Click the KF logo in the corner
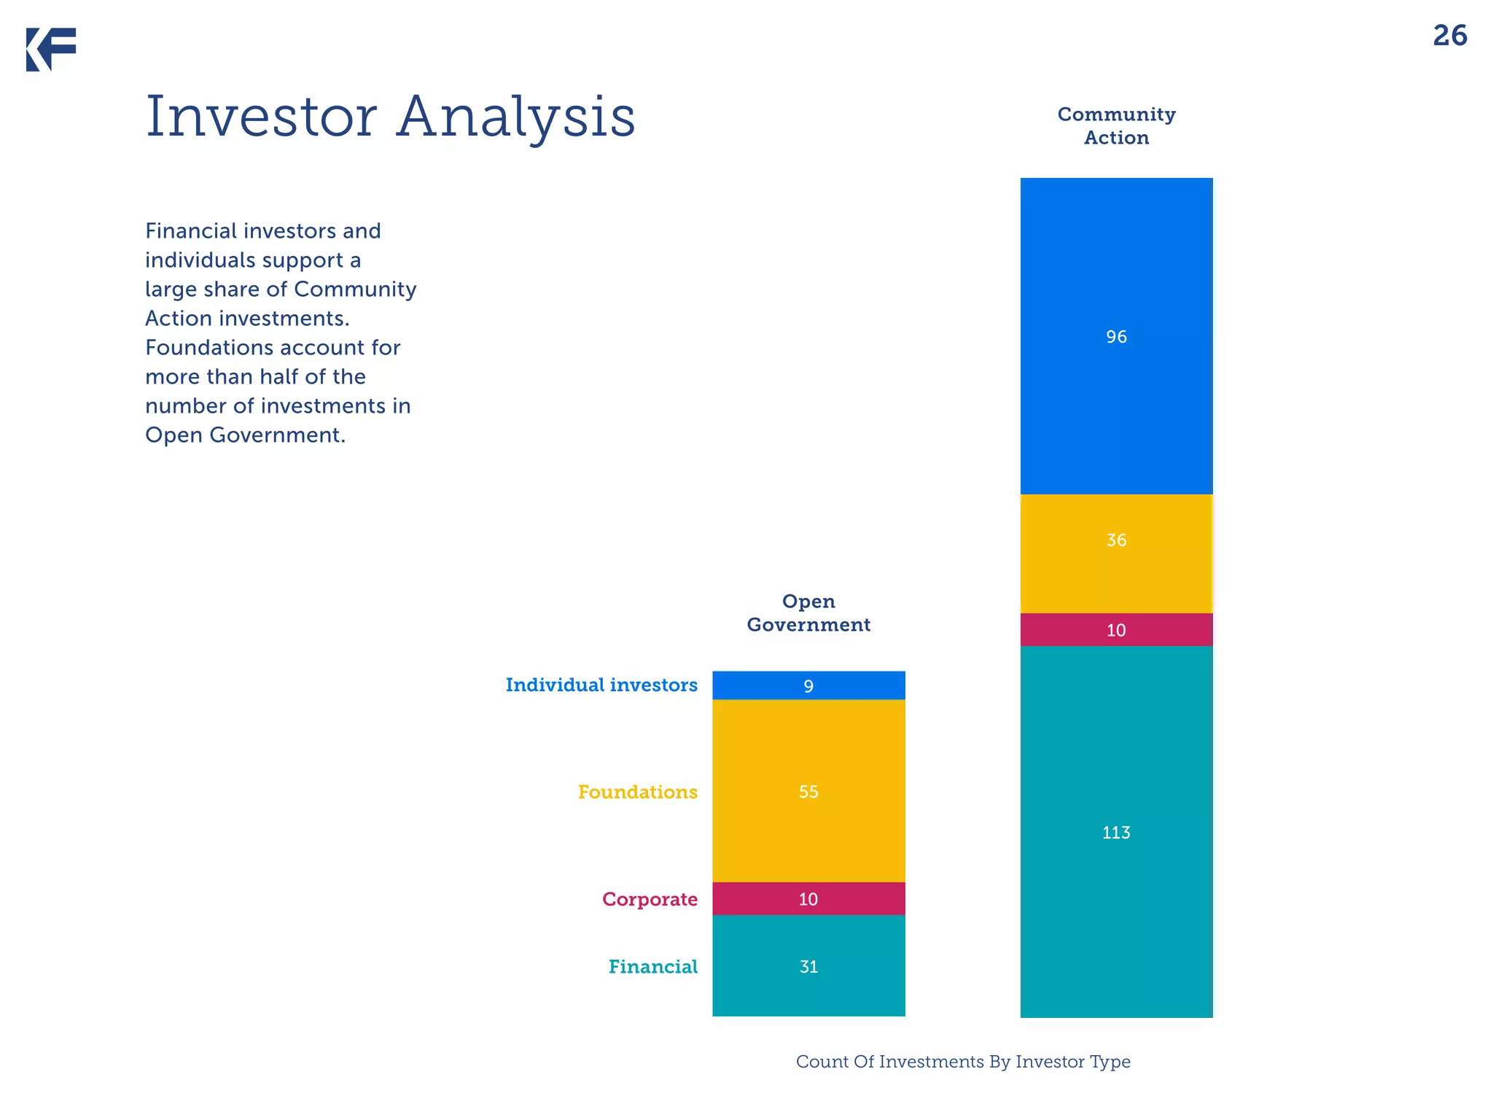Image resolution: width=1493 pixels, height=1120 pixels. (x=51, y=49)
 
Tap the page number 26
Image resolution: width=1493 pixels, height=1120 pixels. (x=1449, y=36)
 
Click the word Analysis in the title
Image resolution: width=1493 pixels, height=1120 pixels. (x=516, y=117)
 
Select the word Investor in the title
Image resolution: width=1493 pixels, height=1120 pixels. (x=261, y=117)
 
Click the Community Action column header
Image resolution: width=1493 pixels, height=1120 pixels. (x=1116, y=126)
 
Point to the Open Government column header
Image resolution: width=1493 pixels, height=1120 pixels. (x=808, y=613)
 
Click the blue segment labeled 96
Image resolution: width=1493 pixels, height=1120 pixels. (x=1116, y=336)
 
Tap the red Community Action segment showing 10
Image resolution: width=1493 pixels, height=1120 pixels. (x=1116, y=630)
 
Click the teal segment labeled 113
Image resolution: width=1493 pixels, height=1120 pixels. (x=1116, y=832)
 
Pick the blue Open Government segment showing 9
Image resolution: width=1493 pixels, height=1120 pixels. (x=808, y=685)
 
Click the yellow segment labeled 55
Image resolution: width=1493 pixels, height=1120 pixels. (x=808, y=791)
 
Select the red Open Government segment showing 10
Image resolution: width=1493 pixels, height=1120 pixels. (x=808, y=899)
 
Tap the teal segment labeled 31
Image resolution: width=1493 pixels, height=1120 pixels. (x=808, y=966)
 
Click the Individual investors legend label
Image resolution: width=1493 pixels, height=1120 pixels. (x=601, y=685)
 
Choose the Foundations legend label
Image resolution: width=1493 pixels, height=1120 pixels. (x=637, y=792)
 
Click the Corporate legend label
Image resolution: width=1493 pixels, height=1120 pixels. (x=650, y=899)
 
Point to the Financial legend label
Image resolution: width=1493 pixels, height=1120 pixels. (x=652, y=967)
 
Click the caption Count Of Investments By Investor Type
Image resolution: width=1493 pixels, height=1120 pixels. (x=962, y=1062)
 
